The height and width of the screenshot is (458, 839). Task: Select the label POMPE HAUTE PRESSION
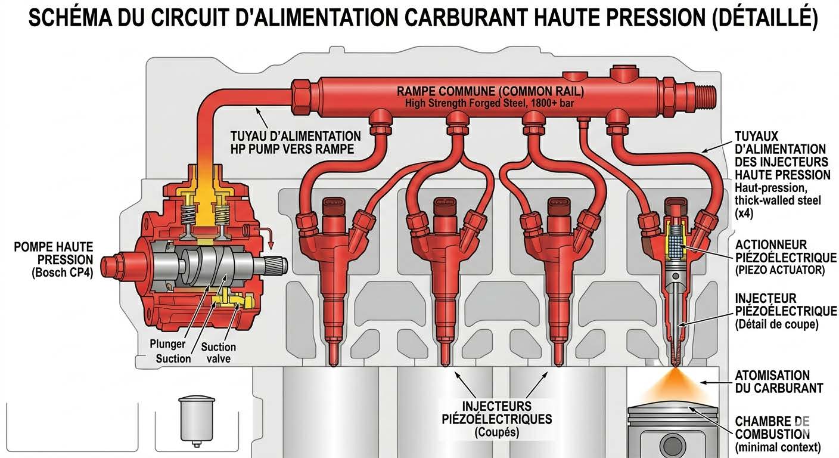[x=54, y=253]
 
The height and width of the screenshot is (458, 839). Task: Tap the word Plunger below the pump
[x=167, y=344]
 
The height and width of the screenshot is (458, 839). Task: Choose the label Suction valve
[x=218, y=352]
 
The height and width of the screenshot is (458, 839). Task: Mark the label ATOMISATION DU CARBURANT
[x=780, y=382]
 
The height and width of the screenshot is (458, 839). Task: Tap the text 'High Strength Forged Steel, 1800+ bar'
[x=490, y=103]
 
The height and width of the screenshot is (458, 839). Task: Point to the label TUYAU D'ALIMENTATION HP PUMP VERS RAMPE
[x=295, y=143]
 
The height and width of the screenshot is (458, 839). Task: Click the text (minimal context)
[x=778, y=447]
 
